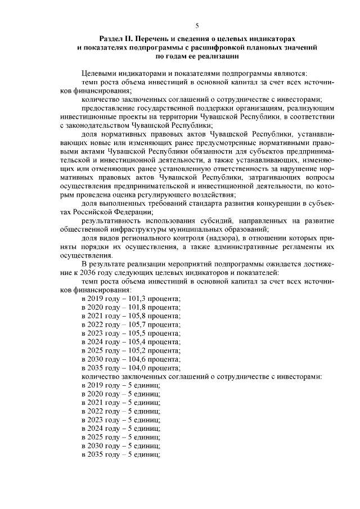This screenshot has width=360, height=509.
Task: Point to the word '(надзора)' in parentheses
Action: point(222,238)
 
